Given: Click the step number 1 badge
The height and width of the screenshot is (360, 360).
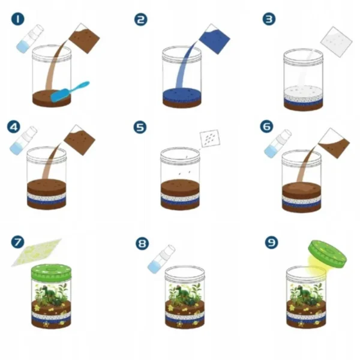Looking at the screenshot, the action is (x=17, y=19).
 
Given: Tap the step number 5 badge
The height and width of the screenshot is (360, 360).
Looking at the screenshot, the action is (x=140, y=127).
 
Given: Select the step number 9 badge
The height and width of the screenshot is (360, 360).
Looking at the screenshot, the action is (x=271, y=242).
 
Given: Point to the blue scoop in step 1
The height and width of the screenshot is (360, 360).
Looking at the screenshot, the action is (x=70, y=92).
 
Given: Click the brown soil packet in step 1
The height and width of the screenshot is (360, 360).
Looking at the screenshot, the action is (x=84, y=38).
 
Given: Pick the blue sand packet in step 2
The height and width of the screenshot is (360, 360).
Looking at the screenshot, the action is (x=214, y=39).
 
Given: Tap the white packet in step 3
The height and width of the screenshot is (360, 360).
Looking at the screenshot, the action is (x=337, y=42).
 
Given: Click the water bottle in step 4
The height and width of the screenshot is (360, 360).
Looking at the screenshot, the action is (x=23, y=140).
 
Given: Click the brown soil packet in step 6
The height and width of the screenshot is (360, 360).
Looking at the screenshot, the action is (x=334, y=143).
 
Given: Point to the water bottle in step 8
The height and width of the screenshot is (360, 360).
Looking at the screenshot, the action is (x=161, y=259).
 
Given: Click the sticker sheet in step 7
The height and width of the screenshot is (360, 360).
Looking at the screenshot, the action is (x=37, y=253).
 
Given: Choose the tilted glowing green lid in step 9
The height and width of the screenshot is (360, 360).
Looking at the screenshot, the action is (x=327, y=254).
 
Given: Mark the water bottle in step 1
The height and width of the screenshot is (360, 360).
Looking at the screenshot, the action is (x=30, y=39).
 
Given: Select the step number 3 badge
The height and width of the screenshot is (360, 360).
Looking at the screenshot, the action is (x=269, y=19).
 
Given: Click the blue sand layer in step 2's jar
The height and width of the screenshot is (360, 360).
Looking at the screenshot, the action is (x=182, y=95).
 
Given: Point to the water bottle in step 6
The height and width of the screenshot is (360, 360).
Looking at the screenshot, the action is (x=278, y=143).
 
